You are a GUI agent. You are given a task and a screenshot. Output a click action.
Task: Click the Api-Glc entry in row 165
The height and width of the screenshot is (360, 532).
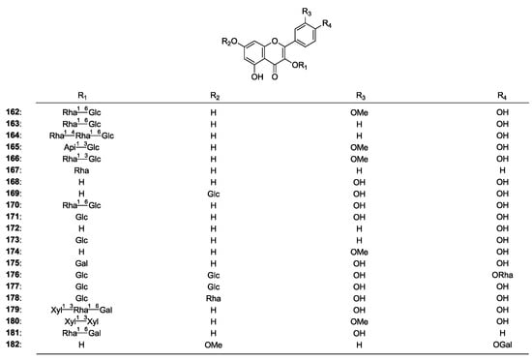pos(82,148)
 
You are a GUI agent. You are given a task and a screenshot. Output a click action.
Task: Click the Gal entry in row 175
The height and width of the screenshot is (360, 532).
pos(82,260)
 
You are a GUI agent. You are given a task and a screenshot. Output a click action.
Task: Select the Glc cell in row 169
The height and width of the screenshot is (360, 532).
pos(214,194)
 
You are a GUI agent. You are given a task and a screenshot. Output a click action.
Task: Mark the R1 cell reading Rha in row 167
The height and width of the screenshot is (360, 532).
pos(82,170)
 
